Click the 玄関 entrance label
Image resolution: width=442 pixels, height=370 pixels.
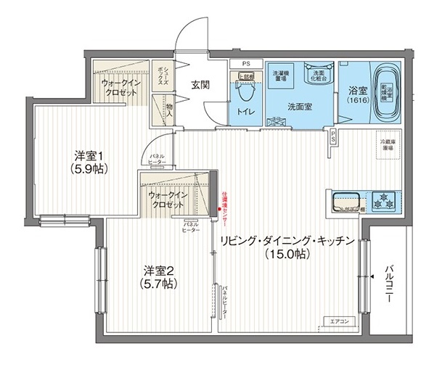(x=200, y=84)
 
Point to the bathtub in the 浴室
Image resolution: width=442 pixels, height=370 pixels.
(x=377, y=93)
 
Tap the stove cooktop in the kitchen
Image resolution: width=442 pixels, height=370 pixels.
(x=382, y=200)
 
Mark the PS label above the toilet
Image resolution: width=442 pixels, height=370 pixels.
(x=246, y=63)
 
